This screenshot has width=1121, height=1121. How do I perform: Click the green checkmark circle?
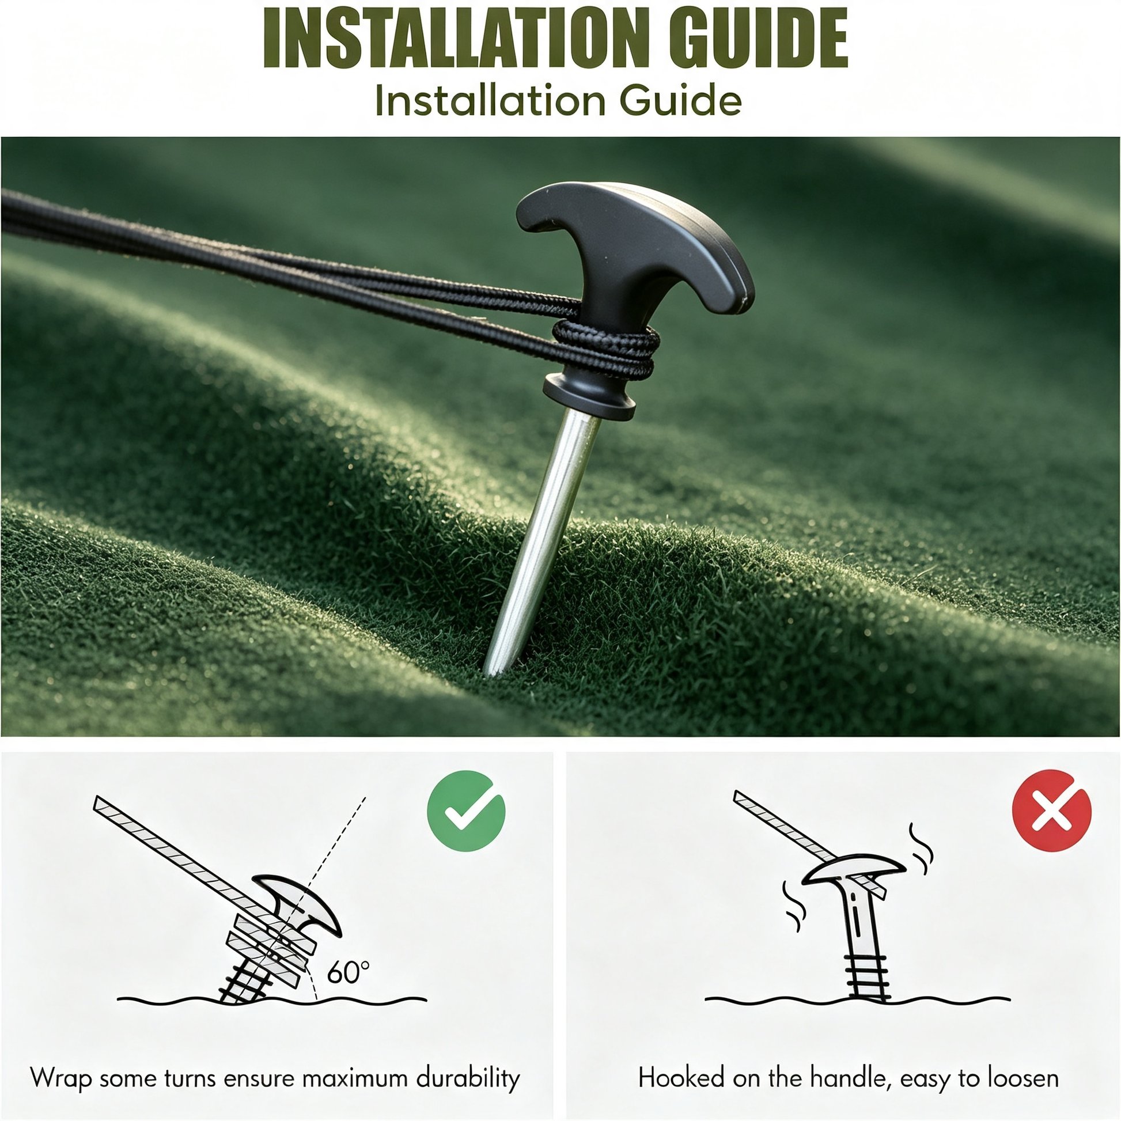point(466,811)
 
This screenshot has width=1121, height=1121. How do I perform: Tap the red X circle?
point(1051,811)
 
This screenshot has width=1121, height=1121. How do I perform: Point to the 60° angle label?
point(347,972)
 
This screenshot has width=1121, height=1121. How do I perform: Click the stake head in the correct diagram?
point(302,903)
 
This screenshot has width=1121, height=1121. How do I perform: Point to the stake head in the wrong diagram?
point(853,870)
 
